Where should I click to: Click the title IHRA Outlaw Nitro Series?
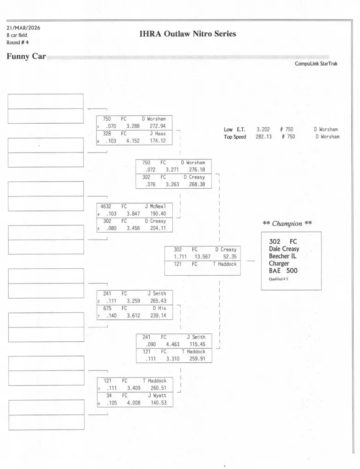coord(187,34)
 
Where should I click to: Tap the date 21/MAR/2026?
coord(23,27)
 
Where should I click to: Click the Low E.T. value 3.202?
coord(263,130)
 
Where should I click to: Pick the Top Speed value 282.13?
coord(263,137)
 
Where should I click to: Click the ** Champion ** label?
coord(288,224)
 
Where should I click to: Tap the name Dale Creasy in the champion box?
coord(284,249)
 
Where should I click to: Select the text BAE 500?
coord(283,271)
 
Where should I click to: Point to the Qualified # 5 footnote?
coord(278,278)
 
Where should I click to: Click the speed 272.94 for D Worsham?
coord(158,126)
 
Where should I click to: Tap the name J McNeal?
coord(155,207)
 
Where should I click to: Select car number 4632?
coord(106,207)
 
